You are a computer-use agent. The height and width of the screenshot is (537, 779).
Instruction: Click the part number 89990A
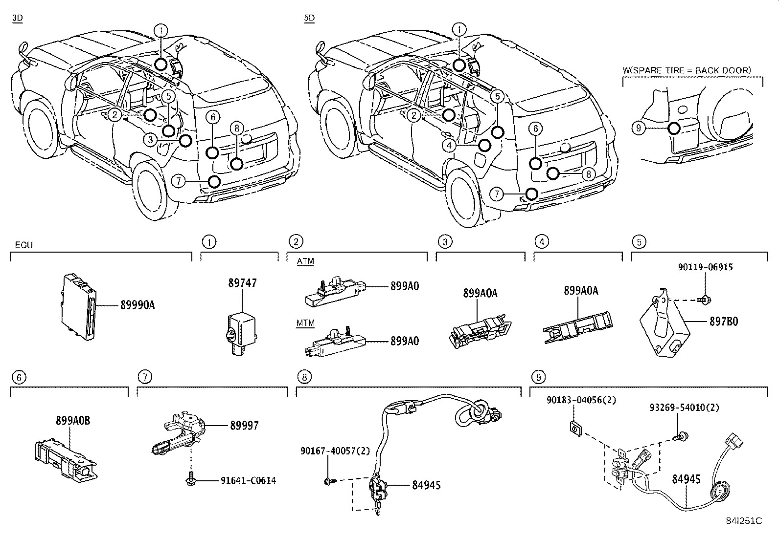137,305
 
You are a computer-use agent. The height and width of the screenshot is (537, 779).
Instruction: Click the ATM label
305,261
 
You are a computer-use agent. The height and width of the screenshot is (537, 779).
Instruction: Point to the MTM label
305,323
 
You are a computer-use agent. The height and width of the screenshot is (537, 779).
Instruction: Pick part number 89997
244,426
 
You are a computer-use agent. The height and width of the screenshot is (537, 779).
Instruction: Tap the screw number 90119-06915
705,267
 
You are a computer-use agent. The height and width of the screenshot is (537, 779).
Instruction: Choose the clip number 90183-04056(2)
581,400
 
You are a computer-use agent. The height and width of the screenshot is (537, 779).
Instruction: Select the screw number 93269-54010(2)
684,408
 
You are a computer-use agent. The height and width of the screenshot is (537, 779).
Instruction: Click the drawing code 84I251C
744,521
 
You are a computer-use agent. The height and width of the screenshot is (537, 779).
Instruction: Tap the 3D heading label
18,18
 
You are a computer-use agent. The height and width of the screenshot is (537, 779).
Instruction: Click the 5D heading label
309,18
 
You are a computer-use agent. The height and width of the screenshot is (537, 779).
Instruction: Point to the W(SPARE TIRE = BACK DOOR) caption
686,70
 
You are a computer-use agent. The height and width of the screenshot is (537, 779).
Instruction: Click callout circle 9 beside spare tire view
639,129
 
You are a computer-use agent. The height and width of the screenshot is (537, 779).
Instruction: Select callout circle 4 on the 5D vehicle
449,145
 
